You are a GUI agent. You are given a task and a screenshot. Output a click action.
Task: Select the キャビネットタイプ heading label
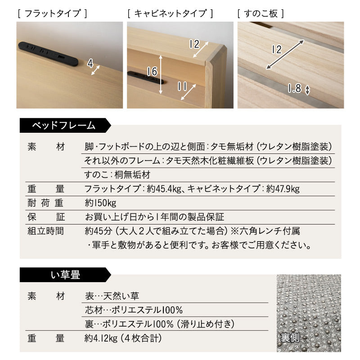pos(170,13)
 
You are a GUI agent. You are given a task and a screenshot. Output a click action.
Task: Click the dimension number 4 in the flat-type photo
pos(90,64)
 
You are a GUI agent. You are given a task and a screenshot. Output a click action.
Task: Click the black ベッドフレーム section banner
pos(63,126)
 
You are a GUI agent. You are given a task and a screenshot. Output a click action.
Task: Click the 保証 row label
pos(46,217)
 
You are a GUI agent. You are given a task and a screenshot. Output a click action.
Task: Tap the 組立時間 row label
pos(46,231)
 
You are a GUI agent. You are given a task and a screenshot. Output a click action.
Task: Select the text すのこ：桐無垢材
pos(117,174)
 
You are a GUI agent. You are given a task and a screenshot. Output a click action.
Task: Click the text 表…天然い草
pos(112,296)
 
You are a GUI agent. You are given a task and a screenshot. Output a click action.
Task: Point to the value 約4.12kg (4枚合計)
pos(123,338)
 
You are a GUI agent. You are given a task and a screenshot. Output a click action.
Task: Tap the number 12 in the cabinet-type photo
pos(194,44)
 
